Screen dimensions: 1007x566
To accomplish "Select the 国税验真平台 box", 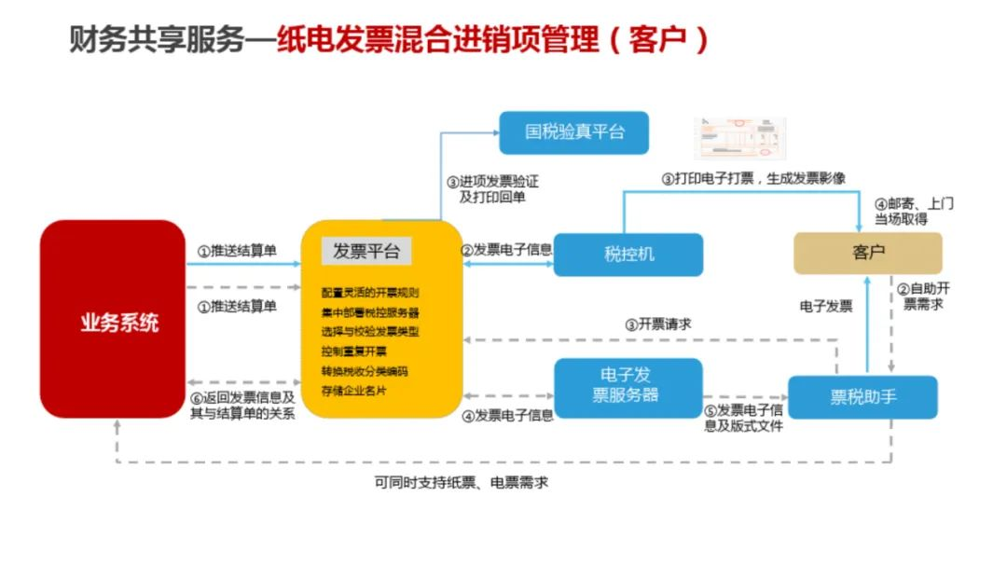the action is [x=573, y=131].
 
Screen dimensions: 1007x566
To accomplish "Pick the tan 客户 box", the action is [x=867, y=253].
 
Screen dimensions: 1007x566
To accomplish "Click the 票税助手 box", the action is [x=862, y=397].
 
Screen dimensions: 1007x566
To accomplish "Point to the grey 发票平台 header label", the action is [x=366, y=251].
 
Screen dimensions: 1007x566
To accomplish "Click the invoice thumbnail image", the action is [x=740, y=138].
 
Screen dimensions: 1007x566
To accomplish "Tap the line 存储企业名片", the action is [x=353, y=390].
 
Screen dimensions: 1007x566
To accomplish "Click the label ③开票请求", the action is [x=657, y=324].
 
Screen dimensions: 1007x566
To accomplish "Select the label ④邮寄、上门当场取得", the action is [x=913, y=211].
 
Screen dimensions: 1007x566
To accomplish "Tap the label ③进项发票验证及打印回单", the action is [x=491, y=189].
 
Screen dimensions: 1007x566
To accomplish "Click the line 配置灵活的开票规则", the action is [x=370, y=292].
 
